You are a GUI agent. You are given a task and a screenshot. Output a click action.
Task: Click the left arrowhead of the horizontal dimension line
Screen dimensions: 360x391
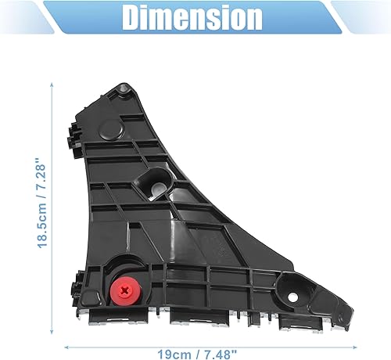tap(67, 344)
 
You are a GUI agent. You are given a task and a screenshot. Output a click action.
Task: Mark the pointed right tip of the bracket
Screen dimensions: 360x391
tap(345, 314)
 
